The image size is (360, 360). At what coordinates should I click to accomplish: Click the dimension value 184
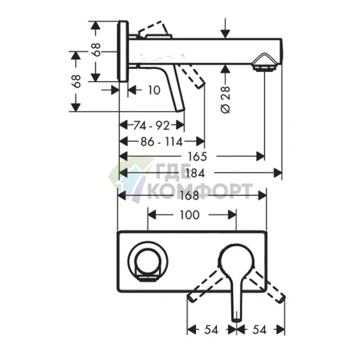pyautogui.click(x=195, y=173)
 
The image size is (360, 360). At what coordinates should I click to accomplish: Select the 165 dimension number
pyautogui.click(x=197, y=157)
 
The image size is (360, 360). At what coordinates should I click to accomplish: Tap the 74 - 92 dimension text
pyautogui.click(x=152, y=126)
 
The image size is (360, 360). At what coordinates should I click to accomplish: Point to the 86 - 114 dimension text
pyautogui.click(x=162, y=142)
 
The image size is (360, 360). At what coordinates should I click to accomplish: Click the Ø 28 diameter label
pyautogui.click(x=226, y=99)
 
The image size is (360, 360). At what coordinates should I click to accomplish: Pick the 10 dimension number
pyautogui.click(x=154, y=90)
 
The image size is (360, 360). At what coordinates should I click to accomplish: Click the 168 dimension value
pyautogui.click(x=189, y=195)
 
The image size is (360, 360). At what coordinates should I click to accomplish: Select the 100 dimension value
pyautogui.click(x=189, y=215)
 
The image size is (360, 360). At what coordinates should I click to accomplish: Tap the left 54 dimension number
pyautogui.click(x=211, y=330)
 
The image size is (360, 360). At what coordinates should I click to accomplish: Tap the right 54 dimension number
pyautogui.click(x=259, y=330)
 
